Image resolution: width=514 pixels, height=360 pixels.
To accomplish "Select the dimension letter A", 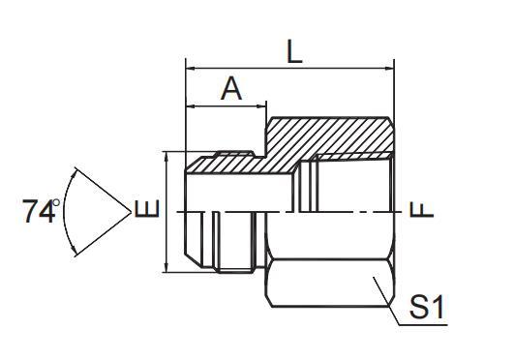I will (x=231, y=89).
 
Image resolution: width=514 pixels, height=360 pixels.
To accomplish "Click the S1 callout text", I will (x=426, y=310).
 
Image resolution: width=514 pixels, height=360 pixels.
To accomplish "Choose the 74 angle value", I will (x=39, y=211).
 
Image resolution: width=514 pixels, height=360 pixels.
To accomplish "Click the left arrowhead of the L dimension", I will (x=191, y=69).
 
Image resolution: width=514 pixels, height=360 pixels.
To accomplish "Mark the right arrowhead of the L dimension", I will (x=390, y=69).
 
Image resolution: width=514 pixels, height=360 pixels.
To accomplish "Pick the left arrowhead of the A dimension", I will (x=191, y=105).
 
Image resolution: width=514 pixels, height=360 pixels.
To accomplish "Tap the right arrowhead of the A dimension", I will (x=262, y=105).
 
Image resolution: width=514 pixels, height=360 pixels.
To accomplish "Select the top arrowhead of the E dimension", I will (x=167, y=156).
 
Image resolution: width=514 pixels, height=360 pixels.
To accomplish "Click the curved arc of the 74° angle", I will (x=66, y=208).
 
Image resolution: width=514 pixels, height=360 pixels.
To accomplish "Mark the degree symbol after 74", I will (x=57, y=201).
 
